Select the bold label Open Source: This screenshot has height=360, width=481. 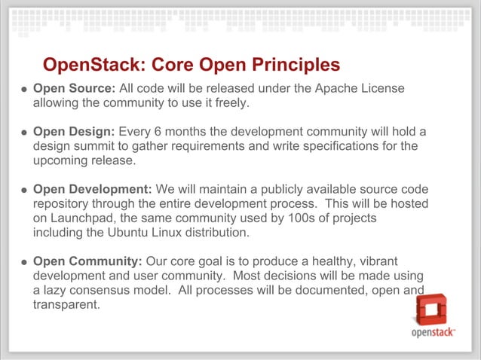tap(74, 89)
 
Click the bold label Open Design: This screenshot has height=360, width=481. tap(74, 133)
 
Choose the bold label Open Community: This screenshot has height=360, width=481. tap(87, 262)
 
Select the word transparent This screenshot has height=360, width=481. tap(66, 305)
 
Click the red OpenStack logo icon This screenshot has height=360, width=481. tap(432, 310)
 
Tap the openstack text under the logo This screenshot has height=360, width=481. tap(432, 334)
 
